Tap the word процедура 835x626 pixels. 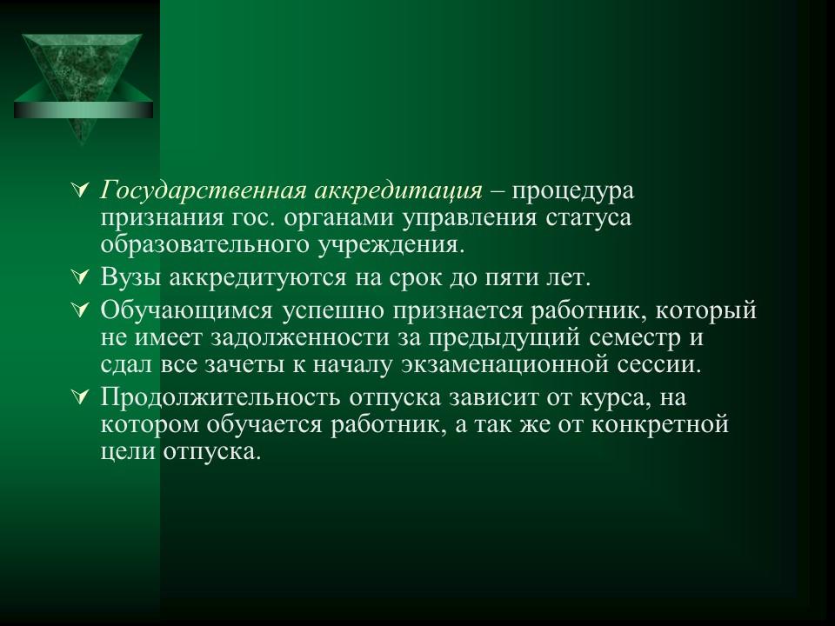[x=573, y=190]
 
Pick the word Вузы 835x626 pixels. [x=127, y=278]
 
